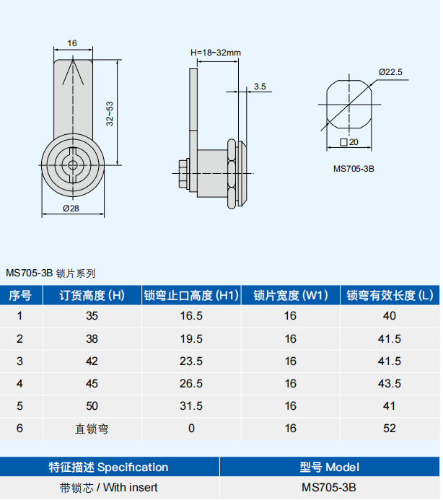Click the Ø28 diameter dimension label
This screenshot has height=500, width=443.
pos(71,209)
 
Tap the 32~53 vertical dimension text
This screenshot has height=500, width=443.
pos(110,114)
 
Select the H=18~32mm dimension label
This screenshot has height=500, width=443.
pos(216,53)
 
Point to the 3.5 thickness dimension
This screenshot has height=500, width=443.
pos(260,87)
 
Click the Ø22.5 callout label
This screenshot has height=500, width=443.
pos(390,72)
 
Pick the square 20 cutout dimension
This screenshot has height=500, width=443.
pos(349,142)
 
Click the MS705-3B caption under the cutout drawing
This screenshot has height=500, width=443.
pos(354,169)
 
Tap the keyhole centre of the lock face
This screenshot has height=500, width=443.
pos(73,165)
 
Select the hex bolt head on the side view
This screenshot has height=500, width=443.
pos(183,174)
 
